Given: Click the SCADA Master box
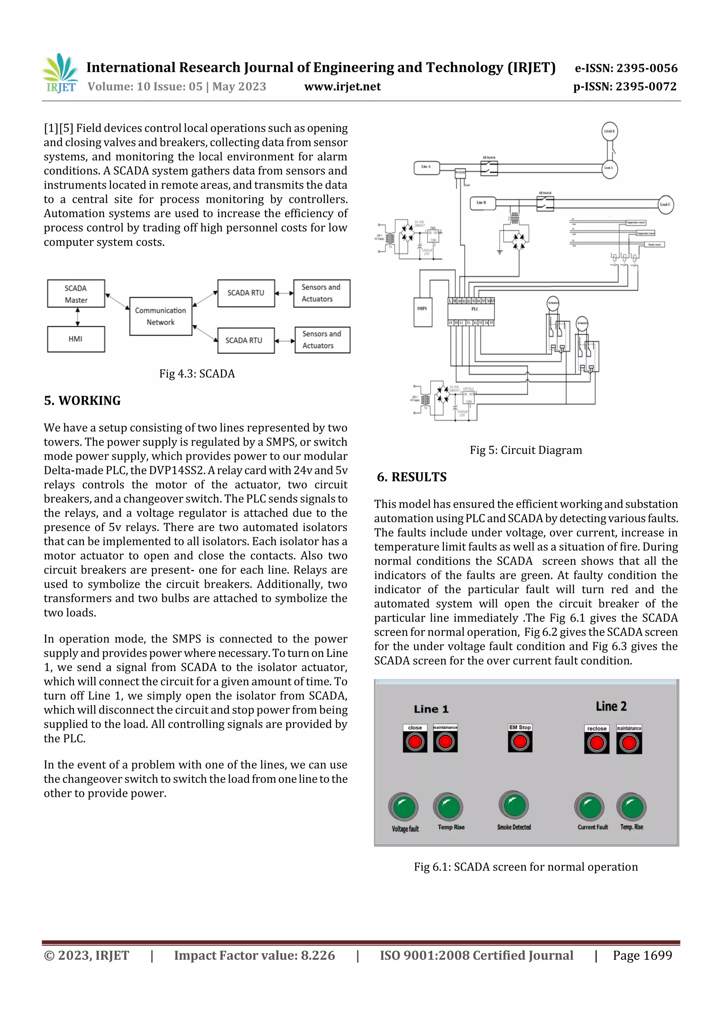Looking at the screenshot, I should click(x=76, y=294).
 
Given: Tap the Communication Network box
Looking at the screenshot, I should click(x=161, y=316).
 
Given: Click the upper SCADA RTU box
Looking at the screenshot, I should click(x=246, y=293).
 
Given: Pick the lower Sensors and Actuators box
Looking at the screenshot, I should click(x=322, y=340).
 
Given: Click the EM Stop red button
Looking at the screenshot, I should click(x=520, y=741).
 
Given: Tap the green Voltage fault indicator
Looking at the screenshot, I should click(x=404, y=807).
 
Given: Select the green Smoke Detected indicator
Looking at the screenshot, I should click(x=514, y=805).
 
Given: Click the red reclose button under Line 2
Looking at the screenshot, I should click(x=596, y=742).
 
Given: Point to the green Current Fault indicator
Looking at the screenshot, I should click(x=590, y=807).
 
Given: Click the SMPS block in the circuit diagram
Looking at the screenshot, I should click(x=422, y=312).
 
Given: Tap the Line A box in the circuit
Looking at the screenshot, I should click(x=426, y=167).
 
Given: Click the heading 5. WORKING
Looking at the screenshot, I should click(x=82, y=401).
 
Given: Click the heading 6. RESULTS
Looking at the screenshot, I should click(x=411, y=477).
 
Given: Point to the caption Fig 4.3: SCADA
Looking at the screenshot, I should click(x=197, y=374).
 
